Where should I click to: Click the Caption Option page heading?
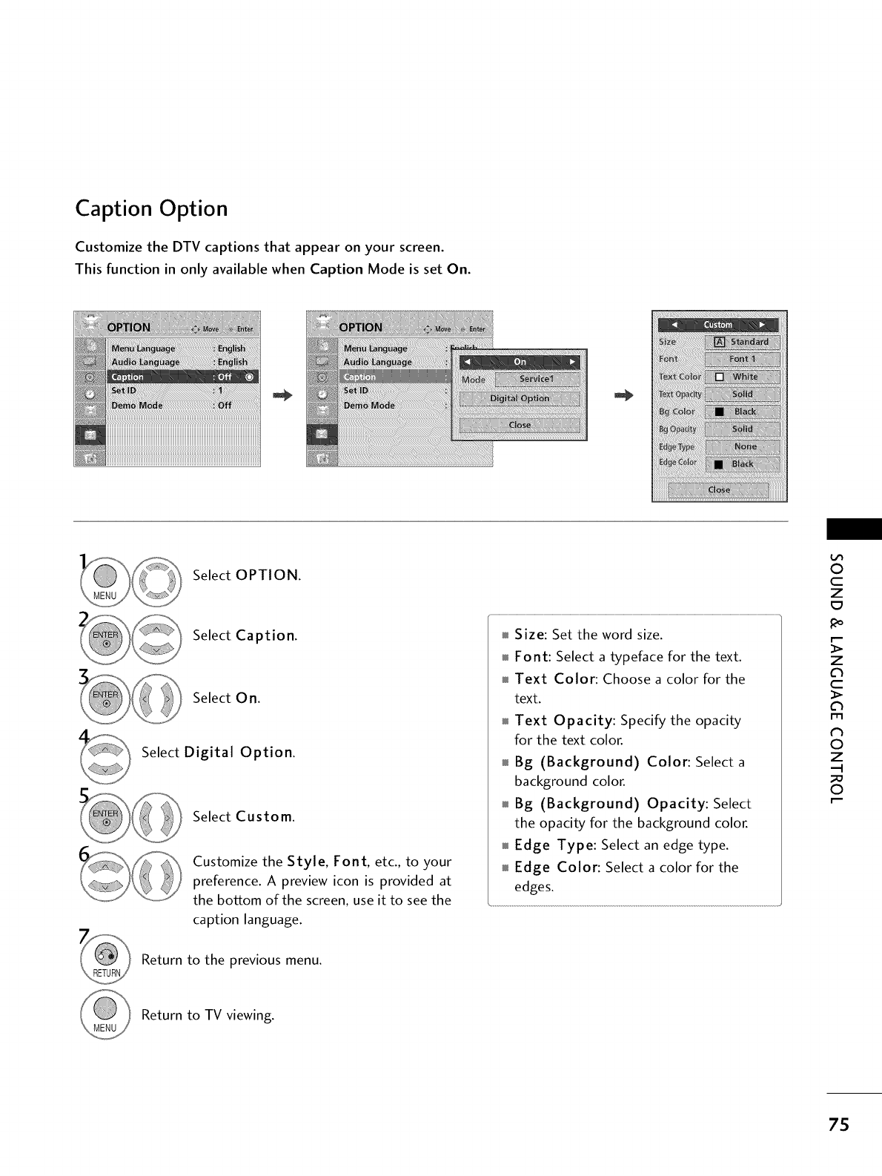click(x=151, y=209)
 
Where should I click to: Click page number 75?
click(x=840, y=1125)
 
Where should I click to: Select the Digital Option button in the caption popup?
click(x=520, y=399)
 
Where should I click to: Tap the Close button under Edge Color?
click(x=719, y=490)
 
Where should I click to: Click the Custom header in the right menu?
click(x=717, y=325)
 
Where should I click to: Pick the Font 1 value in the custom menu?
click(x=742, y=359)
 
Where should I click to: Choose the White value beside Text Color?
click(x=744, y=377)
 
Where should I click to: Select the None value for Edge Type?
click(x=745, y=446)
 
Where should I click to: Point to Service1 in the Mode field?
click(x=536, y=379)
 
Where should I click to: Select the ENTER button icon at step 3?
click(x=105, y=698)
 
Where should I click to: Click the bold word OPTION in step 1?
click(x=267, y=575)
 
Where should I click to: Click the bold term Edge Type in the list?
click(x=554, y=845)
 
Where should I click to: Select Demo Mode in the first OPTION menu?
click(x=142, y=406)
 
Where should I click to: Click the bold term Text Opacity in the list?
click(x=564, y=721)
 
